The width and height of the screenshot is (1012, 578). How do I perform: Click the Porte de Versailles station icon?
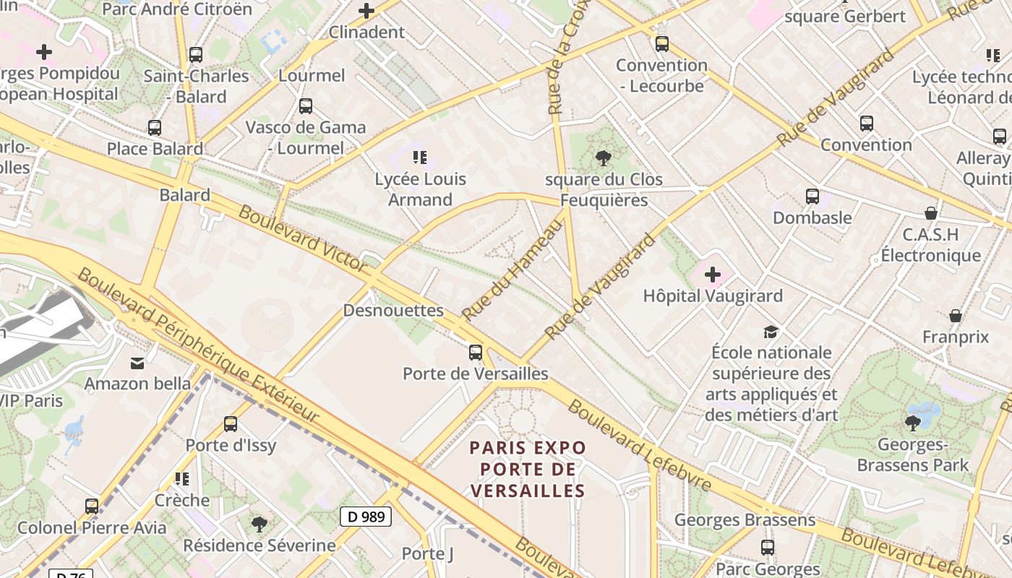[475, 353]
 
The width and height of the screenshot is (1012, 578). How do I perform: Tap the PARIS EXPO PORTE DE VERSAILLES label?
[528, 470]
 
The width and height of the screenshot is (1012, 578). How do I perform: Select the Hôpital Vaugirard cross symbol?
[713, 275]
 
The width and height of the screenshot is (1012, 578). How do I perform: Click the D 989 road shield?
[366, 517]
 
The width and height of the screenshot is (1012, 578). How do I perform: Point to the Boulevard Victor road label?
[303, 238]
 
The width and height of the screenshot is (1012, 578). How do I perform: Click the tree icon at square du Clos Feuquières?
[603, 158]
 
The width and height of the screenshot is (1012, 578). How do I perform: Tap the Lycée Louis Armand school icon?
[420, 157]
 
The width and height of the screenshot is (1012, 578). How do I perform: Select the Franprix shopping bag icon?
[956, 316]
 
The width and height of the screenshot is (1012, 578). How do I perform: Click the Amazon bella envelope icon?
[137, 363]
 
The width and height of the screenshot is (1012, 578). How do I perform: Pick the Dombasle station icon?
[812, 197]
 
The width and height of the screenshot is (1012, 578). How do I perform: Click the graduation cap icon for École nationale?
[771, 332]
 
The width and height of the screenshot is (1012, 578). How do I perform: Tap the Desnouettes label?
[393, 311]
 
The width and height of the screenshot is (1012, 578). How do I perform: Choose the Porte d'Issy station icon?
[231, 424]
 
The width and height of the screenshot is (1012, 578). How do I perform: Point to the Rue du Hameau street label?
[512, 270]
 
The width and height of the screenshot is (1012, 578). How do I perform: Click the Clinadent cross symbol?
[366, 11]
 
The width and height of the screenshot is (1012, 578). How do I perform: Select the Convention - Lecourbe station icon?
[661, 44]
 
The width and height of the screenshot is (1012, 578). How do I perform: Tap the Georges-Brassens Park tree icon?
[912, 423]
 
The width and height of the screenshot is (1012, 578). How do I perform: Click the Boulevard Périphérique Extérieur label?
[198, 345]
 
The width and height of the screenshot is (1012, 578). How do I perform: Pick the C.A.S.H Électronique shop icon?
[931, 213]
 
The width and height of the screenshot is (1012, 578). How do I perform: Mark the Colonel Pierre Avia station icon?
[92, 506]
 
